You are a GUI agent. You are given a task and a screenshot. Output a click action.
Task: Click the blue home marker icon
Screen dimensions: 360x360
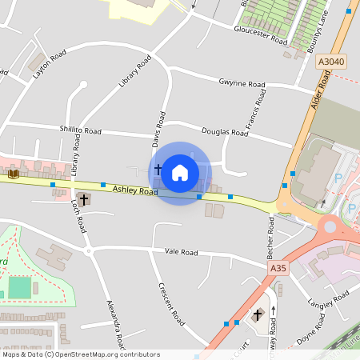(180, 172)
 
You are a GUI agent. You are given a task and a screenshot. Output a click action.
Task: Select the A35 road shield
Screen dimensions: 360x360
(278, 268)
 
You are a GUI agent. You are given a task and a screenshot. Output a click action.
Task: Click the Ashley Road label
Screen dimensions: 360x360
(135, 190)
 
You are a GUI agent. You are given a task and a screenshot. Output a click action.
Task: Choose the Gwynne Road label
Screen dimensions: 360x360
(242, 83)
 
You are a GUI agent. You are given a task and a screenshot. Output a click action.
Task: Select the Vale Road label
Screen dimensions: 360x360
(181, 252)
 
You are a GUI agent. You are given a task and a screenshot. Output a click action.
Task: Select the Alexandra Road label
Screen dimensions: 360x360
(116, 324)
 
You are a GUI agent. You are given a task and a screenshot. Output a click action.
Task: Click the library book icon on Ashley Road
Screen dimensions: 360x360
(13, 173)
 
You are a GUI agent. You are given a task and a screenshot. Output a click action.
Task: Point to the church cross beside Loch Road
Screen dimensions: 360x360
(84, 198)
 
